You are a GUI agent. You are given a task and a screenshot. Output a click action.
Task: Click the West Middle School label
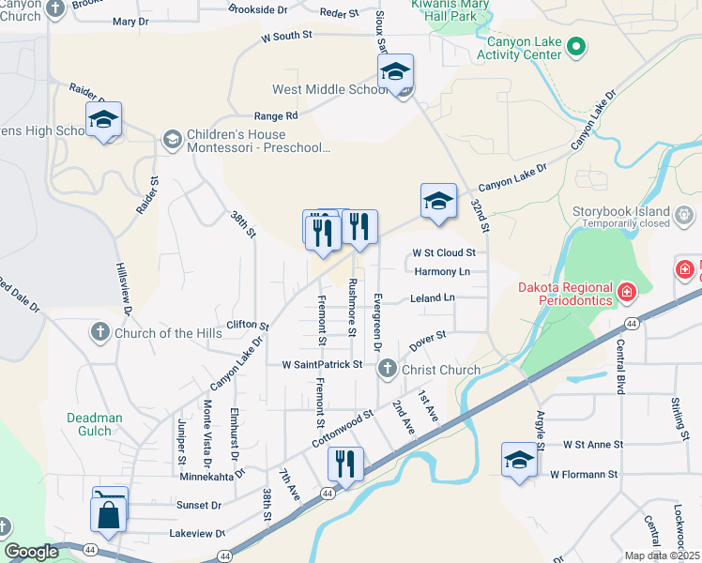(x=330, y=90)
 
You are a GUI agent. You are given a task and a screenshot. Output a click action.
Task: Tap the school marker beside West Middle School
(x=396, y=73)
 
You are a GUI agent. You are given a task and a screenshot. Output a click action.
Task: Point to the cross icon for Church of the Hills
(x=101, y=332)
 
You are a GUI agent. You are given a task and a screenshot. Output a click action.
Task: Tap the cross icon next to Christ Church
(x=387, y=370)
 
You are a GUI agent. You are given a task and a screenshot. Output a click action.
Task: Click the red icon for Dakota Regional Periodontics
(x=625, y=295)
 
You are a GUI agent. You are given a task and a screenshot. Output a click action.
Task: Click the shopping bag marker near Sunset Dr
(x=109, y=512)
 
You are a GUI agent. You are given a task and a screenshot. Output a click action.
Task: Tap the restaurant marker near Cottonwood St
(x=345, y=464)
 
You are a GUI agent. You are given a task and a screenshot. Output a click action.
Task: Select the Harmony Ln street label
(x=440, y=272)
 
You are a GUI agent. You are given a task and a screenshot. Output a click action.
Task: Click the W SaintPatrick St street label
(x=322, y=364)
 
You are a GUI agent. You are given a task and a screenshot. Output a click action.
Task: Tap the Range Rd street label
(x=275, y=115)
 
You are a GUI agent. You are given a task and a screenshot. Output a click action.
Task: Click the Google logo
(x=32, y=552)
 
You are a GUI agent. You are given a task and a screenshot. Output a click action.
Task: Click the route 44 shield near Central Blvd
(x=633, y=323)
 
